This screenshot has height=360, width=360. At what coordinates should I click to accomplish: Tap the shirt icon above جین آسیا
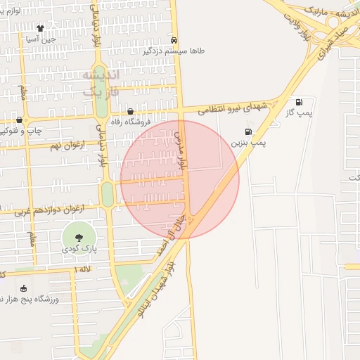coord(40,29)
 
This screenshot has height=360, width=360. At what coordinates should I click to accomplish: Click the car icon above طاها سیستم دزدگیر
coord(174,40)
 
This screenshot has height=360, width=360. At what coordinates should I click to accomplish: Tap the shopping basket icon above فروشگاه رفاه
coord(130,111)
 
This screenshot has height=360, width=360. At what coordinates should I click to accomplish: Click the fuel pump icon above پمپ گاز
coord(300,102)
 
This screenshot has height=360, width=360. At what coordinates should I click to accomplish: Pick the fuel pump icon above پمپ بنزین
coord(247,131)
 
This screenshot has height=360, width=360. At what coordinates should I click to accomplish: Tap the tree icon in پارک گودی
coord(78,238)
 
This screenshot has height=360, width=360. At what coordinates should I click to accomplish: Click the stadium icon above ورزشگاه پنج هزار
coord(23,288)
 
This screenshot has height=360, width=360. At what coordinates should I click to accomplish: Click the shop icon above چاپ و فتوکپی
coord(20,120)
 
